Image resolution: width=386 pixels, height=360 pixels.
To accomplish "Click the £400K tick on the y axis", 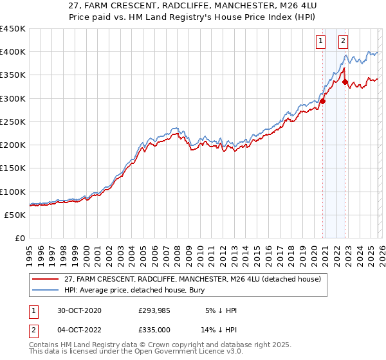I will pyautogui.click(x=13, y=52).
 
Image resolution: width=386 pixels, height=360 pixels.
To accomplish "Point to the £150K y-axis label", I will pyautogui.click(x=13, y=168).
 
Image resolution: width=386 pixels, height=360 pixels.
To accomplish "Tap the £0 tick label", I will pyautogui.click(x=19, y=239).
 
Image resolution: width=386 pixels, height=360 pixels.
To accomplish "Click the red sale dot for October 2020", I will pyautogui.click(x=322, y=101).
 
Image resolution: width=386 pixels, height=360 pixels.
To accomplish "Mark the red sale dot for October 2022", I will pyautogui.click(x=345, y=82).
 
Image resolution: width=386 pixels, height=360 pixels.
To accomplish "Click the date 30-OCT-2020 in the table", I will pyautogui.click(x=78, y=310).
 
